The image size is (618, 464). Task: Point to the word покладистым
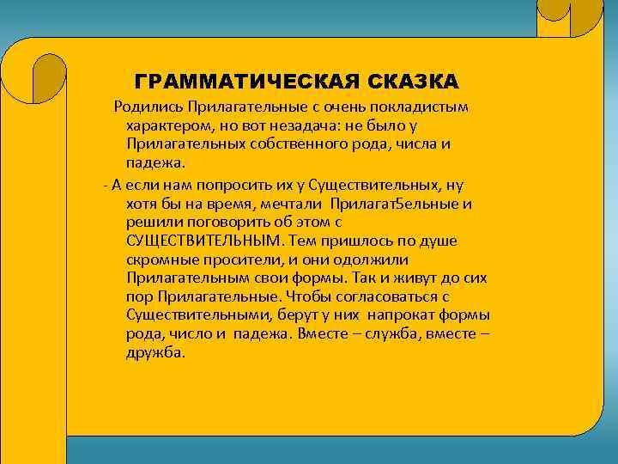click(427, 107)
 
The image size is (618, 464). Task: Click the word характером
click(167, 125)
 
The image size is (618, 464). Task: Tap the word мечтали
click(291, 203)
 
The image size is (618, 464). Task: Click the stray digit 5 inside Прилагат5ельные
click(396, 203)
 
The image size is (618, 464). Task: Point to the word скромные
click(160, 259)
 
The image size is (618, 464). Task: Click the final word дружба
click(154, 353)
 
